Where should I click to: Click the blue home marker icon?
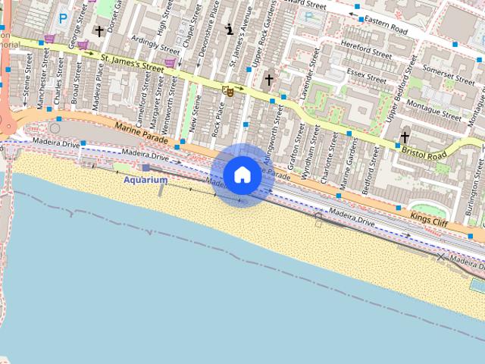[x=242, y=174]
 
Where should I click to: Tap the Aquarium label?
[x=145, y=180]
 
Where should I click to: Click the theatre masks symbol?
[x=227, y=91]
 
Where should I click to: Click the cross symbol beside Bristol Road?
[x=405, y=137]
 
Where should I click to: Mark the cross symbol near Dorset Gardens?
[x=99, y=31]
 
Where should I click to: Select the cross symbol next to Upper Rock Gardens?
[x=268, y=79]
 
